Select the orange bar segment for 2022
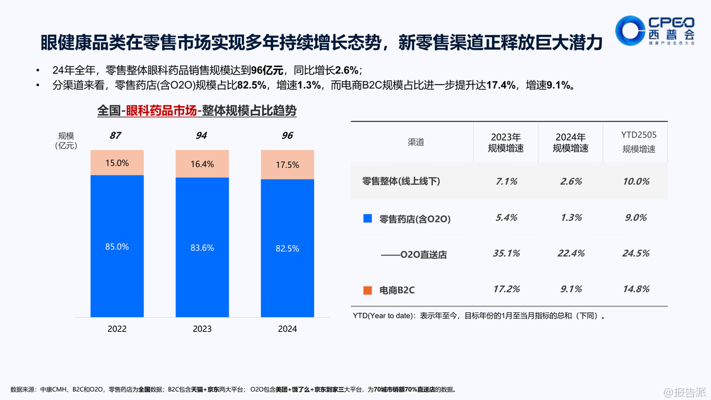[x=117, y=162]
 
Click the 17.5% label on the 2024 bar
[x=287, y=165]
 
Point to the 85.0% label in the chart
[x=117, y=247]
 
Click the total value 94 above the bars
[x=202, y=136]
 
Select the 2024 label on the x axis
[x=287, y=329]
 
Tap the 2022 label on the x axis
[x=117, y=329]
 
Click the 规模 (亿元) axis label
[x=66, y=140]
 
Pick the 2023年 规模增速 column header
[x=505, y=143]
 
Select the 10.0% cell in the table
[x=635, y=181]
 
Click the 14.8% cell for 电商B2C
[x=635, y=289]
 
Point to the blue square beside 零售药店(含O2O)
[x=367, y=219]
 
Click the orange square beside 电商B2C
[x=367, y=290]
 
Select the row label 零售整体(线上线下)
[x=401, y=181]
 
